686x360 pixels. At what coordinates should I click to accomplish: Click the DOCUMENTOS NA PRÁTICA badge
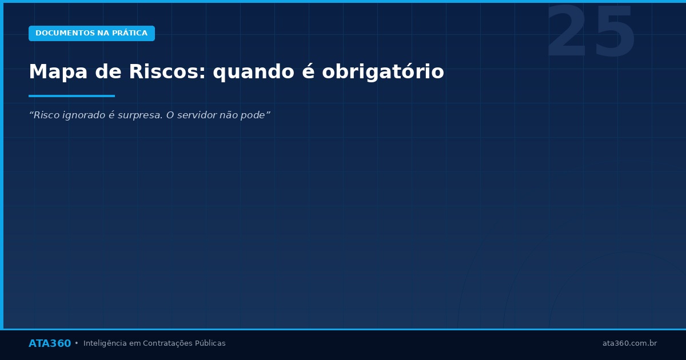[91, 33]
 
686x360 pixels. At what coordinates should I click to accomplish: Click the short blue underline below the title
[71, 96]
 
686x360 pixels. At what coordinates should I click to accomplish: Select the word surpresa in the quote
[141, 115]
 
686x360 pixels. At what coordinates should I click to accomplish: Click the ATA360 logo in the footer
[50, 343]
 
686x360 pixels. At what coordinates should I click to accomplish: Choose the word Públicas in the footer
[210, 343]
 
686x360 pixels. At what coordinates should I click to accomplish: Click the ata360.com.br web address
[629, 343]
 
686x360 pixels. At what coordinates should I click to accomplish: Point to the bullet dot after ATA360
[77, 343]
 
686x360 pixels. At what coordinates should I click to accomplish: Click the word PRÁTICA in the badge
[130, 33]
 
